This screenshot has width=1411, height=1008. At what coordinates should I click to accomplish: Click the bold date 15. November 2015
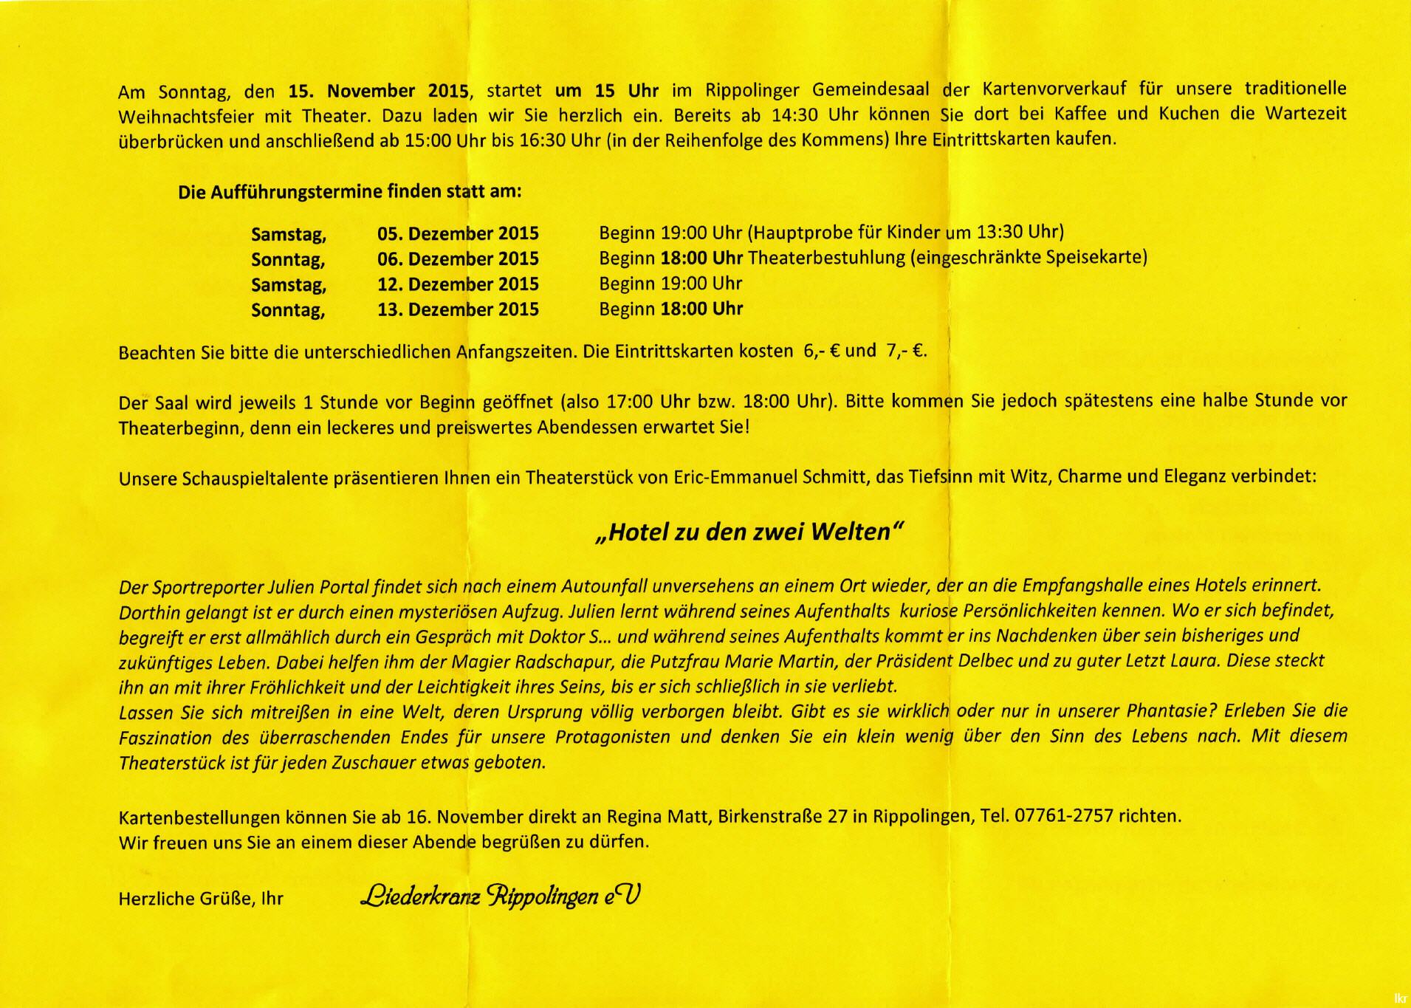[378, 92]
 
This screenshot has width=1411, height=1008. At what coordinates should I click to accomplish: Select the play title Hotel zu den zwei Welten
[749, 532]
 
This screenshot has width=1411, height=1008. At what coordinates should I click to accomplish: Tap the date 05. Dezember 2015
[458, 234]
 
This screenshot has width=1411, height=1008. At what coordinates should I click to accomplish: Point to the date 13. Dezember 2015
[458, 309]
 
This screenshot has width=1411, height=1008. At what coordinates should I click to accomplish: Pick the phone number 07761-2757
[1063, 817]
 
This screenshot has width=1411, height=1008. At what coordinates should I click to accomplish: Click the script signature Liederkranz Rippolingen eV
[500, 896]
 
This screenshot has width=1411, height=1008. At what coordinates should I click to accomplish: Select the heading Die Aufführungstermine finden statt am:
[349, 192]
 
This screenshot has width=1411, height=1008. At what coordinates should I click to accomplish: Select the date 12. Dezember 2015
[458, 284]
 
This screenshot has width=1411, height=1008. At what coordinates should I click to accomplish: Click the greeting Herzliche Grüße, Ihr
[201, 899]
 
